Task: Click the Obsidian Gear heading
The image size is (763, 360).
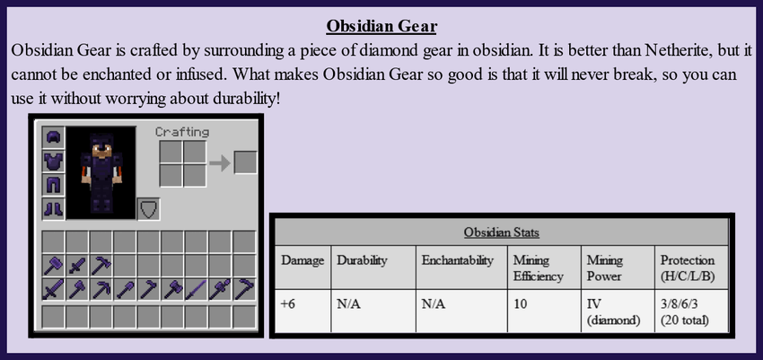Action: pyautogui.click(x=381, y=26)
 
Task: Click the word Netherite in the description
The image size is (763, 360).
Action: pyautogui.click(x=676, y=50)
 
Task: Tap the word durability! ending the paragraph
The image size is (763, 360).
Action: pyautogui.click(x=246, y=98)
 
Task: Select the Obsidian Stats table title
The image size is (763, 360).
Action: pyautogui.click(x=501, y=232)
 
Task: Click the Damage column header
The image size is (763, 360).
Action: pyautogui.click(x=303, y=260)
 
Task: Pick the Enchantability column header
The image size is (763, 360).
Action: pyautogui.click(x=458, y=260)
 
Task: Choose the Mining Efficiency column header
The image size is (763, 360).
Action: pyautogui.click(x=539, y=268)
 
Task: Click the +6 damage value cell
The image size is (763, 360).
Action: pyautogui.click(x=303, y=312)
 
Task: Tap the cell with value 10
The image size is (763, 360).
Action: pyautogui.click(x=544, y=312)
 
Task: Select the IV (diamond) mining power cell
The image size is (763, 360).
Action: pyautogui.click(x=618, y=312)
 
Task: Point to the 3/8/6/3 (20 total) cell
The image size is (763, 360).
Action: pyautogui.click(x=691, y=312)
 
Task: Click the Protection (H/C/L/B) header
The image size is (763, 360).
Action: pyautogui.click(x=688, y=268)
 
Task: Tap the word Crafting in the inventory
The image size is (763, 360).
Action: pyautogui.click(x=182, y=132)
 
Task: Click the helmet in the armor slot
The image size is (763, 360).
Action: pyautogui.click(x=54, y=137)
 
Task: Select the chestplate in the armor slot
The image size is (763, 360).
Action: pyautogui.click(x=54, y=161)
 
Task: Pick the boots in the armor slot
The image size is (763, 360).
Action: pyautogui.click(x=54, y=208)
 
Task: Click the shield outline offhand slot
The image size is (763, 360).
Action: pyautogui.click(x=148, y=208)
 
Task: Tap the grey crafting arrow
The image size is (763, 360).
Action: pyautogui.click(x=220, y=163)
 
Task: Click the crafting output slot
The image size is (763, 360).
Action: pyautogui.click(x=245, y=162)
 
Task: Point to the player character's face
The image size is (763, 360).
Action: pyautogui.click(x=101, y=151)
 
